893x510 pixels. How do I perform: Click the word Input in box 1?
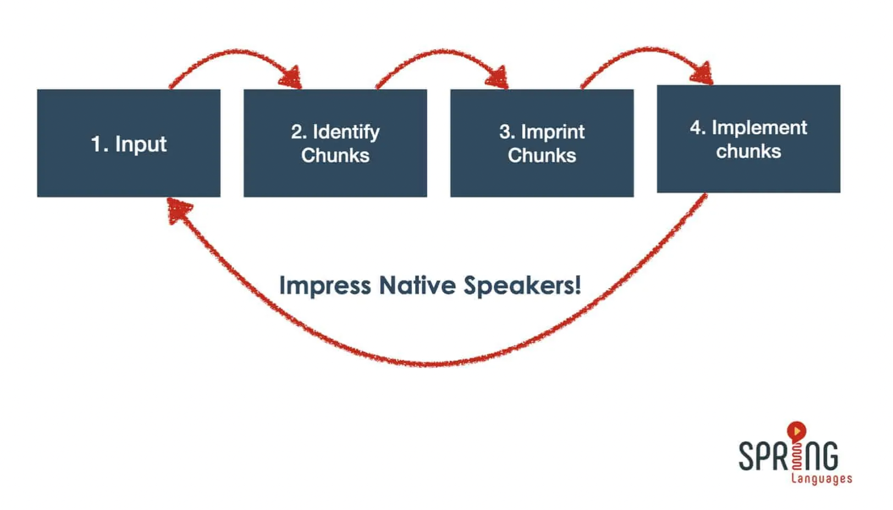(x=141, y=144)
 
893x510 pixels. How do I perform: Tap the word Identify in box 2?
(x=346, y=132)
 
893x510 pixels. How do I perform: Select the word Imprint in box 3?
(x=553, y=132)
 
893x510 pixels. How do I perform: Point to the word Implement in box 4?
(x=759, y=128)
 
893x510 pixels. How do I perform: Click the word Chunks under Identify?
(x=335, y=155)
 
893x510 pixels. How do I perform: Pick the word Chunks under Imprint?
(x=542, y=155)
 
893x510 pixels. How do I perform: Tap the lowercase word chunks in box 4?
(x=748, y=151)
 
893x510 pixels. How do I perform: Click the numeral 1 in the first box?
(x=96, y=144)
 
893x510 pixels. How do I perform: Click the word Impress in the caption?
(x=325, y=286)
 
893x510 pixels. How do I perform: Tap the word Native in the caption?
(x=417, y=285)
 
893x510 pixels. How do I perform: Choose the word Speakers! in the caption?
(x=522, y=286)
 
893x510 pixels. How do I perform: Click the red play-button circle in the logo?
(x=797, y=431)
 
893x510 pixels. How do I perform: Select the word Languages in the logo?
(x=822, y=479)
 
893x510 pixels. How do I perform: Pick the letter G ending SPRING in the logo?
(x=829, y=456)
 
